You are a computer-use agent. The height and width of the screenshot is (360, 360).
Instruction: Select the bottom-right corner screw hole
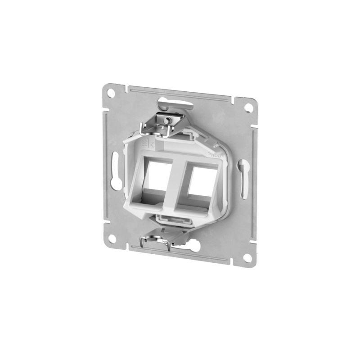click(247, 257)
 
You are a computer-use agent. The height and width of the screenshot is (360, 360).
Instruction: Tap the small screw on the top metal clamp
click(166, 121)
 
